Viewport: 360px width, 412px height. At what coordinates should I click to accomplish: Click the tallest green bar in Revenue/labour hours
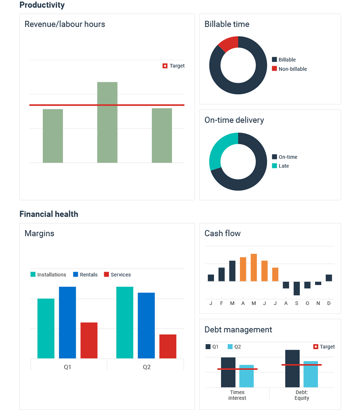[107, 122]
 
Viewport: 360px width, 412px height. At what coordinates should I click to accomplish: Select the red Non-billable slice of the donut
[228, 44]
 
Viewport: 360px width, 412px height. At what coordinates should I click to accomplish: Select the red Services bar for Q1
[89, 340]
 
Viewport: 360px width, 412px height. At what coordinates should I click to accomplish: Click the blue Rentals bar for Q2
[146, 325]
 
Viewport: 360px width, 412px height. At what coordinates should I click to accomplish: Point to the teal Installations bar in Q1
[46, 328]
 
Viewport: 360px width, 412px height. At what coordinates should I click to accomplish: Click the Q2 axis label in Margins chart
[147, 367]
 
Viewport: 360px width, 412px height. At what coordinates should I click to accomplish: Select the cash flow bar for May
[254, 268]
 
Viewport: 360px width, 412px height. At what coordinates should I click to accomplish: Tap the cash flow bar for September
[297, 288]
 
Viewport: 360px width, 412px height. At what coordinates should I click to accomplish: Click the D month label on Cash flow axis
[329, 303]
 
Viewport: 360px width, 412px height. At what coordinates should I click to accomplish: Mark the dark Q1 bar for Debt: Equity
[292, 368]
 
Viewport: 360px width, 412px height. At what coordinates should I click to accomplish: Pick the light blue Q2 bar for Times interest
[246, 376]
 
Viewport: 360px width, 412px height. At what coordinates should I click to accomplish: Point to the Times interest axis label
[237, 395]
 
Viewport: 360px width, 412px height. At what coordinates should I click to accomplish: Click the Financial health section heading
[49, 214]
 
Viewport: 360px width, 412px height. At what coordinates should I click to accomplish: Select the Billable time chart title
[227, 24]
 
